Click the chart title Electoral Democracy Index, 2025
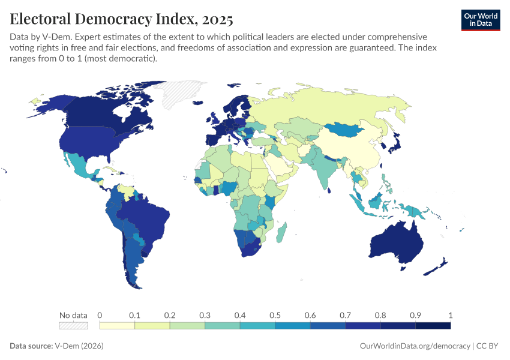tap(122, 19)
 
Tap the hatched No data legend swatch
tap(73, 326)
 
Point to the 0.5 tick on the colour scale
tap(275, 315)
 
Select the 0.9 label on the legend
tap(415, 315)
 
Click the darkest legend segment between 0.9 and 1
tap(433, 326)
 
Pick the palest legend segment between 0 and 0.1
tap(117, 326)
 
